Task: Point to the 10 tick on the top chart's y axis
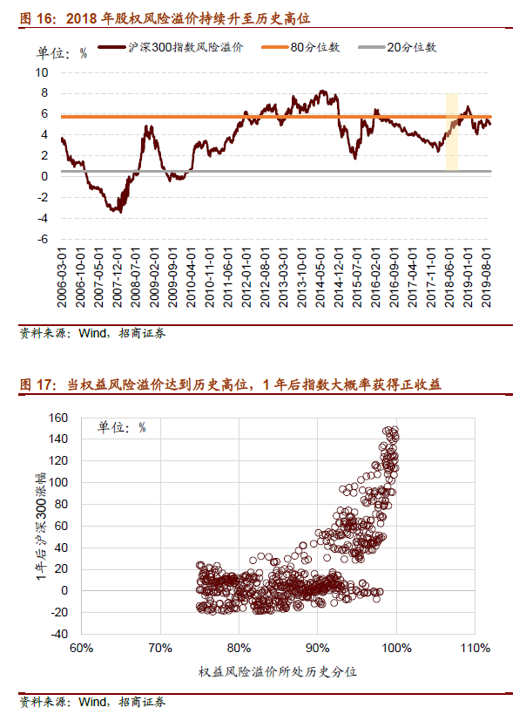41,71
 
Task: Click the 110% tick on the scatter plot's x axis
475,650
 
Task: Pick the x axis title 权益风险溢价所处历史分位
278,672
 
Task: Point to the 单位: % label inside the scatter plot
121,426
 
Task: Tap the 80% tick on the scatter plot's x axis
239,650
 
